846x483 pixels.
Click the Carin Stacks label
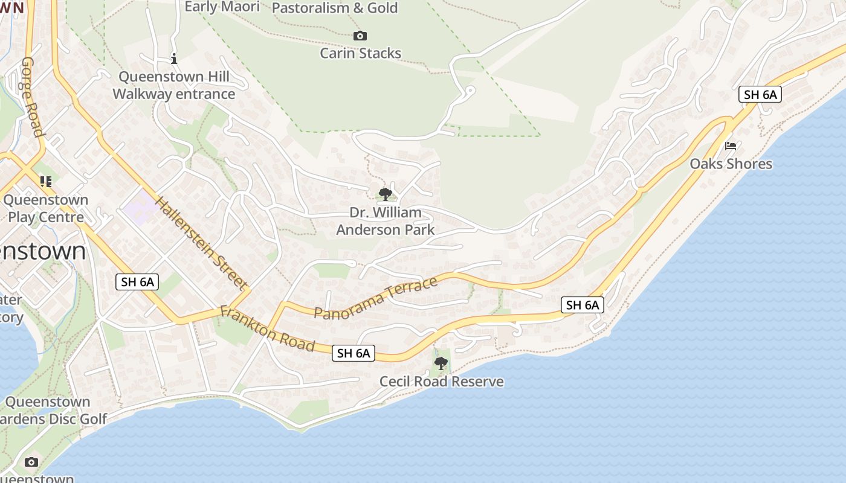(360, 53)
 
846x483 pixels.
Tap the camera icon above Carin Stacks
(360, 36)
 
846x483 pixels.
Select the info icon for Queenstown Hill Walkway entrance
(174, 59)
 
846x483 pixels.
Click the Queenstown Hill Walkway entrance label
(174, 85)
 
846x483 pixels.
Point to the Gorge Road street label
(32, 97)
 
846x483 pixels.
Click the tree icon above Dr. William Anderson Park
(385, 194)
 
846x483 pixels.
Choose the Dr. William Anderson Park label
(385, 221)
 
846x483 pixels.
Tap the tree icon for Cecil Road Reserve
(441, 363)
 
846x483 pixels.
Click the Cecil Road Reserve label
(441, 382)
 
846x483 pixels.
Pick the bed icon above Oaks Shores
(731, 146)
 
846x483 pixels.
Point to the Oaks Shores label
(731, 164)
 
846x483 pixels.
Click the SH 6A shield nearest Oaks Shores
(760, 94)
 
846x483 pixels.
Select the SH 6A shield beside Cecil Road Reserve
(354, 353)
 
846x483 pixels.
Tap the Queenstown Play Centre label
(46, 208)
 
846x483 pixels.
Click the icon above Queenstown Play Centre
(46, 181)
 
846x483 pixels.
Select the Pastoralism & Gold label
(335, 8)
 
